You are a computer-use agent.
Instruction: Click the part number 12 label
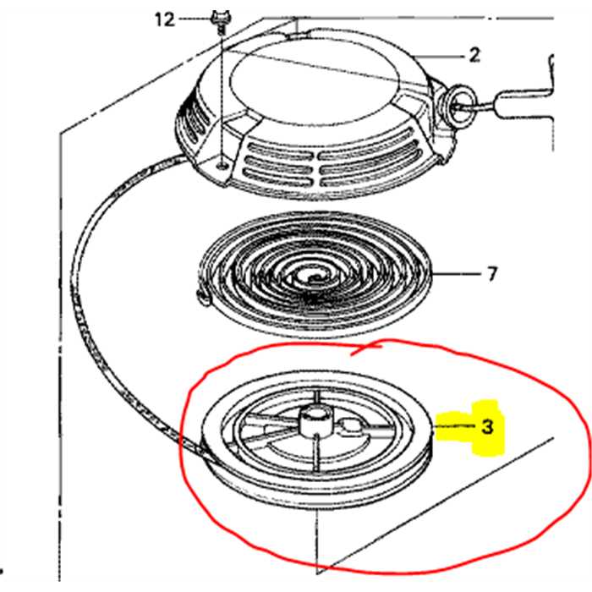(165, 19)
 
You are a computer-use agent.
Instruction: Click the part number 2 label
(474, 55)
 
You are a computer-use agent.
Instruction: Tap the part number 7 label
(491, 274)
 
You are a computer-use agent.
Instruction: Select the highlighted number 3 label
(487, 426)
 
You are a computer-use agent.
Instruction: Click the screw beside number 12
(221, 23)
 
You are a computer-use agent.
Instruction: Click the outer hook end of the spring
(203, 297)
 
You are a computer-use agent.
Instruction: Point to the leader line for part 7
(456, 274)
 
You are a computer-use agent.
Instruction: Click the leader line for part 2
(440, 57)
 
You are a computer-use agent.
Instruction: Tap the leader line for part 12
(195, 19)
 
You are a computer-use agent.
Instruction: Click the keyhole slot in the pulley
(349, 427)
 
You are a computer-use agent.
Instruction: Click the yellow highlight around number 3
(471, 428)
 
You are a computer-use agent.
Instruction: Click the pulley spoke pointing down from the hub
(316, 453)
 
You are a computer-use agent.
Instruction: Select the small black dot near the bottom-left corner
(2, 571)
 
